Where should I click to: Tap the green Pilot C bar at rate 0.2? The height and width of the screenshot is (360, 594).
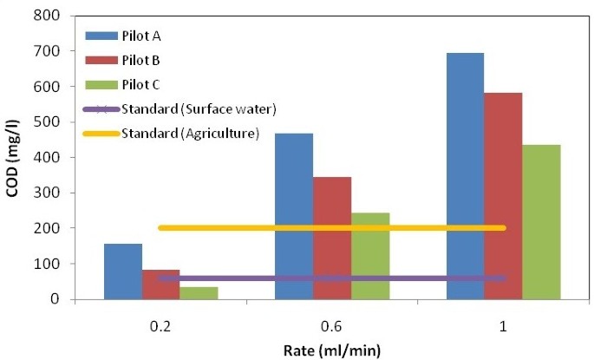(199, 293)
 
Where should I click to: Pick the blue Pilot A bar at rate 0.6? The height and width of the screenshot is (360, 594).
(294, 216)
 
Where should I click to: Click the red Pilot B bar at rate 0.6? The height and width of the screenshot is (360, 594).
(332, 238)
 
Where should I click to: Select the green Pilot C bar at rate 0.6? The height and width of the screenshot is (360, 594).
(369, 256)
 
